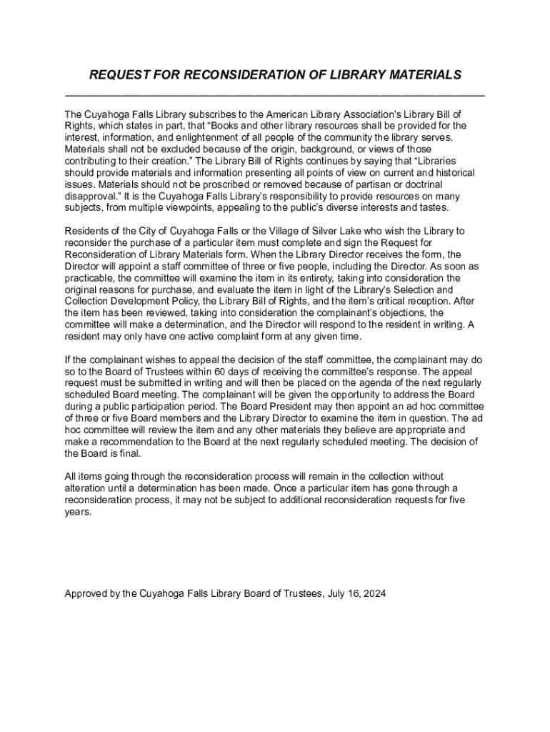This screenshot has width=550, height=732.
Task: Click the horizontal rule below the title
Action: coord(275,95)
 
